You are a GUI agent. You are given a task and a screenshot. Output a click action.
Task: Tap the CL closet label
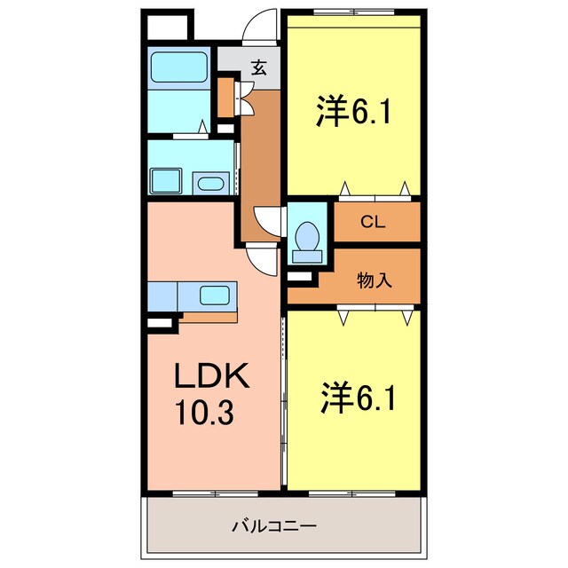tap(373, 222)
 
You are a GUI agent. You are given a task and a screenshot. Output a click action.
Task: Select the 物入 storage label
tap(374, 281)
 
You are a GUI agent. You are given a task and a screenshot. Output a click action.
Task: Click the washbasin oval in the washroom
tap(209, 185)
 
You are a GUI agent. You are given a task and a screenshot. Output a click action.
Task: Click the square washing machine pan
tap(166, 180)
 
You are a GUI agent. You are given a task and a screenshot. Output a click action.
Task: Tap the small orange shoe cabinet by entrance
tap(226, 98)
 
